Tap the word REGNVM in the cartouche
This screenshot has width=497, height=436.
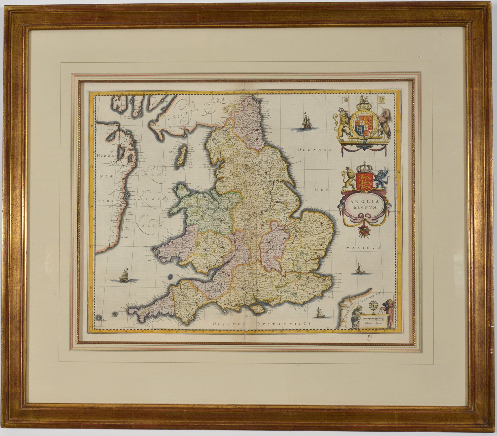363,208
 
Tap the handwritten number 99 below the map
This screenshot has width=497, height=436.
368,338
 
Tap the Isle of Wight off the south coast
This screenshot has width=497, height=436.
257,308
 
